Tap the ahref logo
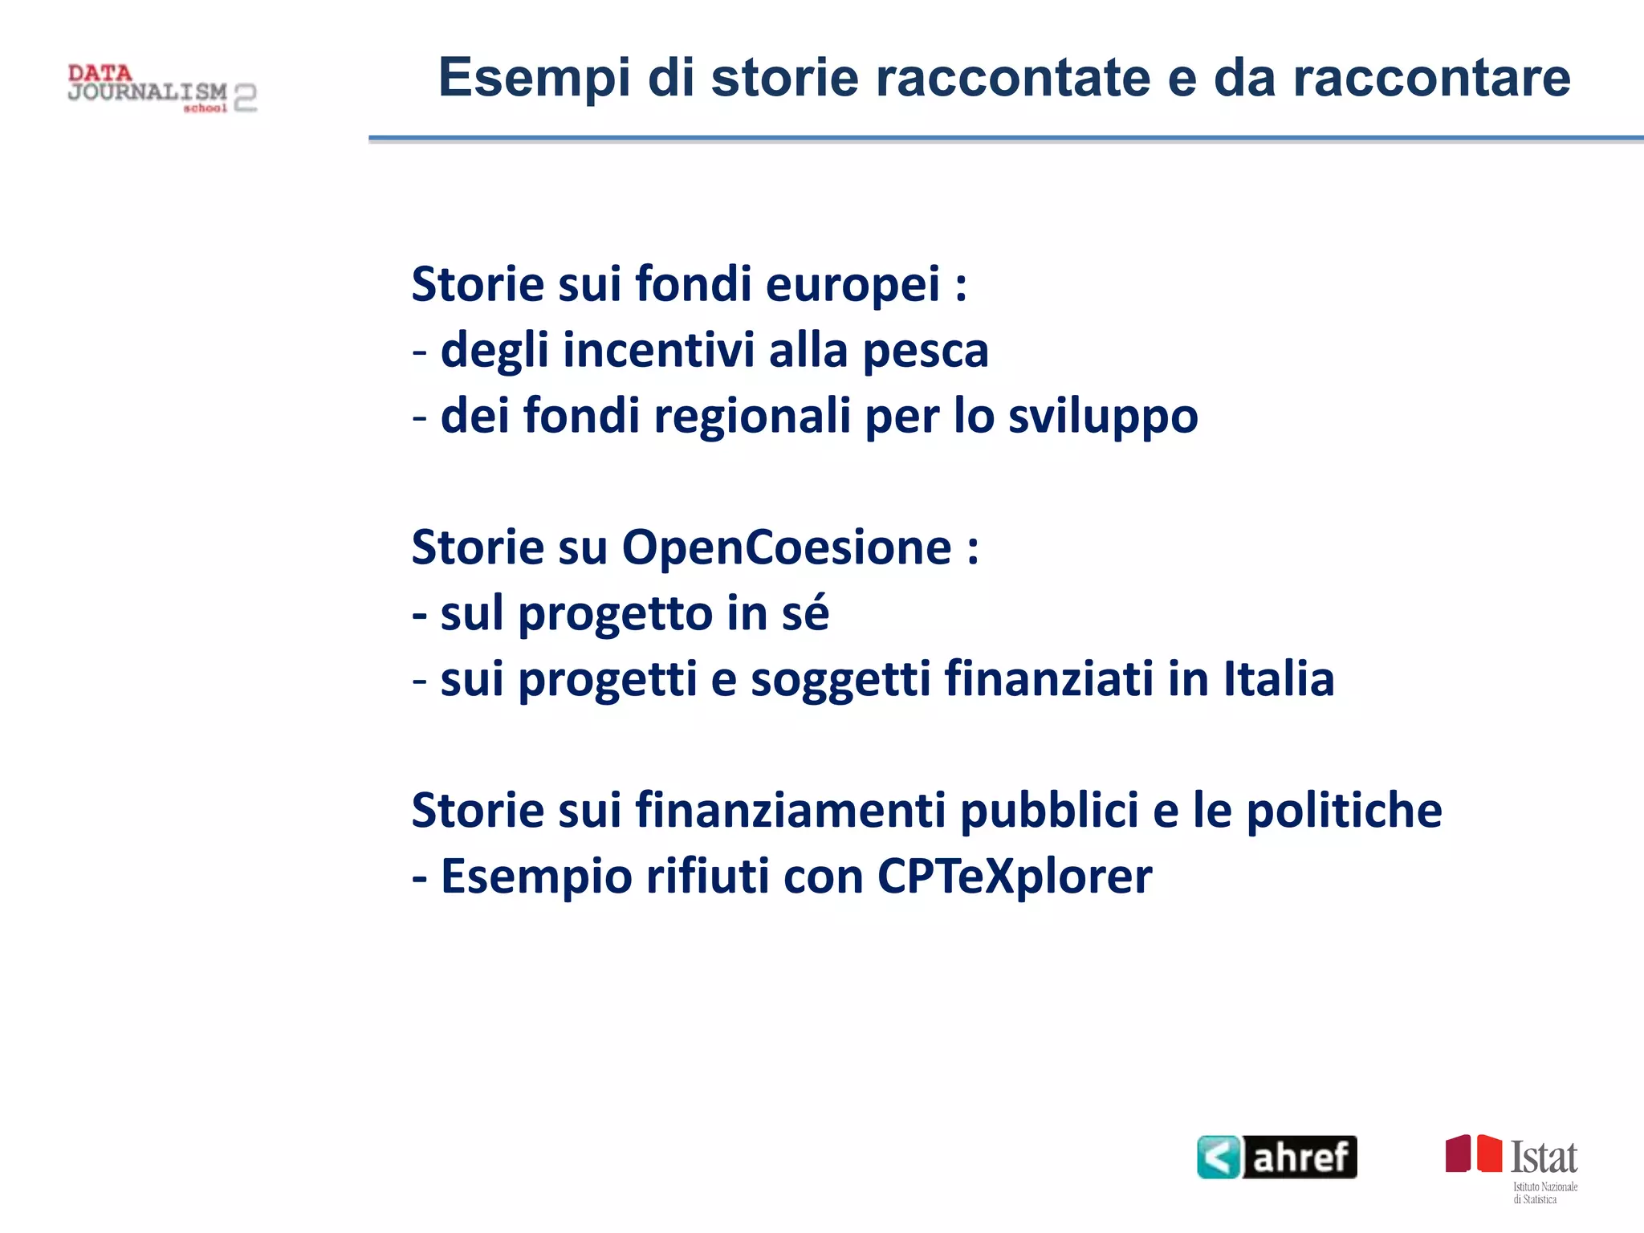1276,1157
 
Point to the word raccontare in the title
1431,78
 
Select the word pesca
926,351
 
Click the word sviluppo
1103,417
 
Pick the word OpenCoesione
787,548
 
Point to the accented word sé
805,614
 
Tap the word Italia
1279,680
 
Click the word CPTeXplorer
1015,877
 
